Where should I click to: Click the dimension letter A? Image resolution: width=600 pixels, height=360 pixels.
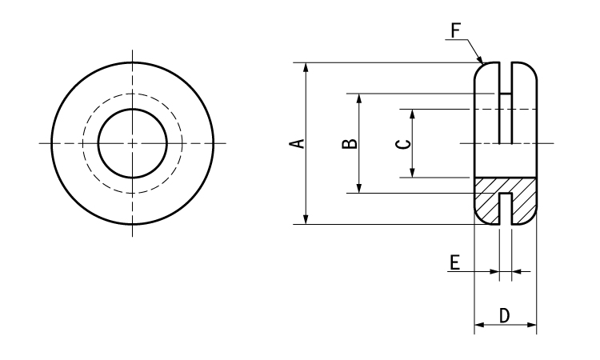click(296, 143)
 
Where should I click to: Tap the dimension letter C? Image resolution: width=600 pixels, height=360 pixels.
click(403, 143)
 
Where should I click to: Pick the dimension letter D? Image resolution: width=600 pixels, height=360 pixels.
click(505, 314)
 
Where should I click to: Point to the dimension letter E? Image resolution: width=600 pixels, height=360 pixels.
click(454, 262)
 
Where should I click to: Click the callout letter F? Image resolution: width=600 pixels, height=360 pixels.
click(456, 30)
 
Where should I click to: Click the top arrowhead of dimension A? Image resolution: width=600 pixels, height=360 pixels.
click(306, 67)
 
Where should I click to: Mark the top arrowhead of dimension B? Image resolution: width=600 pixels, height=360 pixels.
click(360, 98)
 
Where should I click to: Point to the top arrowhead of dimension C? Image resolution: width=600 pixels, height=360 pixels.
click(413, 114)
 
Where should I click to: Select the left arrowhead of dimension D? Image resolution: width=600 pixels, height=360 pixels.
click(479, 326)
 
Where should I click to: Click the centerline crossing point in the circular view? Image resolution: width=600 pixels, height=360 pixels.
click(132, 143)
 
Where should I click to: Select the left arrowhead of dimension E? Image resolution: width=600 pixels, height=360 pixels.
click(494, 272)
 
